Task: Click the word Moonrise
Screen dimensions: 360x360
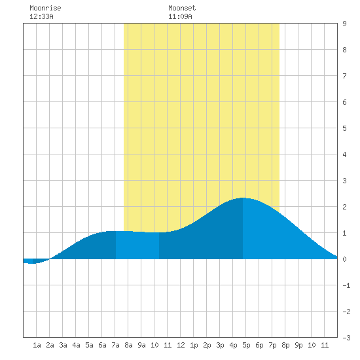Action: [x=45, y=8]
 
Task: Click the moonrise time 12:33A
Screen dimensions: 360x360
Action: [x=41, y=16]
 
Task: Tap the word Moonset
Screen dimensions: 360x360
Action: [x=182, y=8]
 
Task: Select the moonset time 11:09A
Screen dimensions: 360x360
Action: [x=180, y=16]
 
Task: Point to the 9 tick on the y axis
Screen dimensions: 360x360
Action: [x=344, y=24]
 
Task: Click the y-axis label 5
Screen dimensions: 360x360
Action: [x=344, y=128]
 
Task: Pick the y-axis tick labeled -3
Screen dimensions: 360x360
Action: [x=346, y=338]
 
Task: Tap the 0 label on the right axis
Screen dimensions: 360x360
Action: [x=344, y=259]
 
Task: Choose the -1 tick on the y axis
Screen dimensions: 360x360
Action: [x=346, y=285]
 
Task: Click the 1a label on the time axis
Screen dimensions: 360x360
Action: [x=37, y=345]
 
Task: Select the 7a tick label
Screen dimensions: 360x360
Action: [x=115, y=345]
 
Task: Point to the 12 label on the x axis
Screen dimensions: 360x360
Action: [x=181, y=345]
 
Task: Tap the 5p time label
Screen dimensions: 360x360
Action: [x=246, y=345]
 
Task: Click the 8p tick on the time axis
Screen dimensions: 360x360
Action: [x=285, y=345]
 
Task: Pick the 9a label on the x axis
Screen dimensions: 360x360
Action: [x=141, y=345]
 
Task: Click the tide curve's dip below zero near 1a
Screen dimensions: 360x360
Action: [x=32, y=263]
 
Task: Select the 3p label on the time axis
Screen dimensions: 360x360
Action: [x=220, y=345]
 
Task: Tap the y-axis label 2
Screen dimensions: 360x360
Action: [x=344, y=207]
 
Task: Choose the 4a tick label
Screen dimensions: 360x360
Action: [x=76, y=345]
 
